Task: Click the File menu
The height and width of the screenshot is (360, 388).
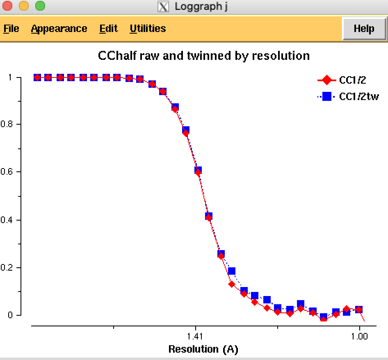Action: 11,29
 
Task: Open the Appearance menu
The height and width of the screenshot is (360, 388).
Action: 59,29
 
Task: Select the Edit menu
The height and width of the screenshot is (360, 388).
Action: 108,29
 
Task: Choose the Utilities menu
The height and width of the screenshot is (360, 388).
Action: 148,29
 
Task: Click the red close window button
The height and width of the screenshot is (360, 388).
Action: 8,6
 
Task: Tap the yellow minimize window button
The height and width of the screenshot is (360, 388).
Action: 24,6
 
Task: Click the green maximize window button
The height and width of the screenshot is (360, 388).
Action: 40,6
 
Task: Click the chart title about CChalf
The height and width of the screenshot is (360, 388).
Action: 204,55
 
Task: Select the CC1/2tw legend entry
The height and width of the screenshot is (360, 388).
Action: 359,97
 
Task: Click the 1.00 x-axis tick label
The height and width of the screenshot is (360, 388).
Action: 359,337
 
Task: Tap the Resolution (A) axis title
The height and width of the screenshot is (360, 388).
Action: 203,349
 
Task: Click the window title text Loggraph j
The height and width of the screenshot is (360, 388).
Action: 201,7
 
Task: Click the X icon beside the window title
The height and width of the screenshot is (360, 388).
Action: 163,7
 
